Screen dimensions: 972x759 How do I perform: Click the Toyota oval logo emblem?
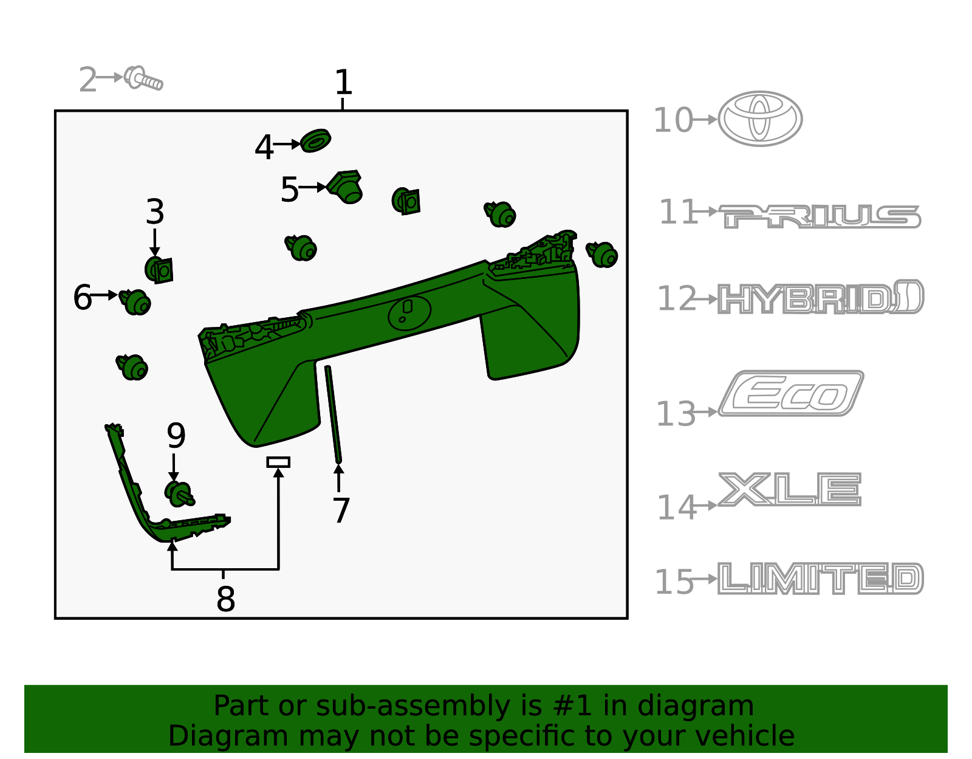pyautogui.click(x=760, y=118)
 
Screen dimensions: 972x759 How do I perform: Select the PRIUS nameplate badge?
pyautogui.click(x=820, y=216)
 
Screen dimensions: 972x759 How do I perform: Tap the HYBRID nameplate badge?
pyautogui.click(x=821, y=297)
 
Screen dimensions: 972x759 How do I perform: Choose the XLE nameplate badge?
pyautogui.click(x=790, y=489)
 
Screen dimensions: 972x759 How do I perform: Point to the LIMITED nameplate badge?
pyautogui.click(x=821, y=579)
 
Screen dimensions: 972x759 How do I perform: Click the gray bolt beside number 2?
pyautogui.click(x=143, y=78)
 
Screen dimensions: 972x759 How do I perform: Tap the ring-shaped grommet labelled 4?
pyautogui.click(x=315, y=141)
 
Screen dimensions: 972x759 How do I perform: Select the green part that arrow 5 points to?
pyautogui.click(x=345, y=187)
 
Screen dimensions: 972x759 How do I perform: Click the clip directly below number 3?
pyautogui.click(x=159, y=270)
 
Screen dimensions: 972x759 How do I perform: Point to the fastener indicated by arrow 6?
pyautogui.click(x=135, y=302)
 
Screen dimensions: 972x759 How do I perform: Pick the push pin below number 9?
pyautogui.click(x=179, y=494)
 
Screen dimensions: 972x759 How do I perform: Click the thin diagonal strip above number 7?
pyautogui.click(x=334, y=414)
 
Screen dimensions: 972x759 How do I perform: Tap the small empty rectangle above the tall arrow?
pyautogui.click(x=278, y=462)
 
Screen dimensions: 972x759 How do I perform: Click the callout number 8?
pyautogui.click(x=225, y=599)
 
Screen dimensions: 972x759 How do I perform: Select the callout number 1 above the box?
pyautogui.click(x=343, y=82)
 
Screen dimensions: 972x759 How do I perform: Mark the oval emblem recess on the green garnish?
pyautogui.click(x=409, y=313)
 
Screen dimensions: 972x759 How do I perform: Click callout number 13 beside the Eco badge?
pyautogui.click(x=676, y=414)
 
